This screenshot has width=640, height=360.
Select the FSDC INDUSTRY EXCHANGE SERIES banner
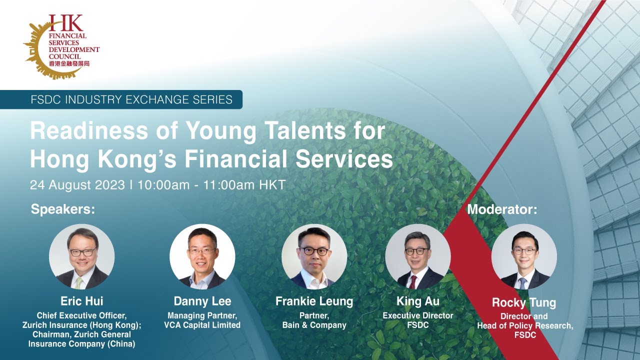coord(131,99)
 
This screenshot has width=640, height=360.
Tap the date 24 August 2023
coord(77,185)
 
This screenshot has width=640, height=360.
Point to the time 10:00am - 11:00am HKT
coord(211,185)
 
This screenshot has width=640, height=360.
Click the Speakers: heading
coord(62,209)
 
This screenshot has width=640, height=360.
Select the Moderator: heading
coord(501,209)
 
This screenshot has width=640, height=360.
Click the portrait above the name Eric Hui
coord(81,256)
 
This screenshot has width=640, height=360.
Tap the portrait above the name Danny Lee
coord(202,256)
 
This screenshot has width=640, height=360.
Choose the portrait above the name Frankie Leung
coord(314,256)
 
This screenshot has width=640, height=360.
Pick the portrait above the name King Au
coord(417,256)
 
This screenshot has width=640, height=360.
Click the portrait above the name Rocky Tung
coord(523,256)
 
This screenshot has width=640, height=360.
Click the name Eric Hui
coord(81,301)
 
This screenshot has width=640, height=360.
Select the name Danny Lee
coord(202,301)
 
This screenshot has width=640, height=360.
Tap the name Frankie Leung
coord(314,301)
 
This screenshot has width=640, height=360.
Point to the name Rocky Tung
coord(523,303)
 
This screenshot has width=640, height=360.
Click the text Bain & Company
coord(315,325)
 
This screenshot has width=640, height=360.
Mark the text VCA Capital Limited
coord(202,325)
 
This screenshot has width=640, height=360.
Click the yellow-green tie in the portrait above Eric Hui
coord(79,283)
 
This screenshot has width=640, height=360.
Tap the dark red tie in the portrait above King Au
coord(413,282)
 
